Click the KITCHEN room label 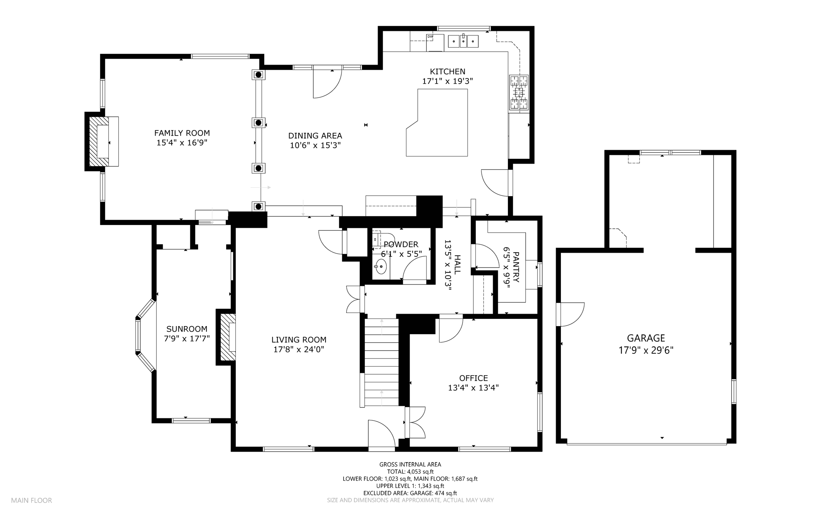(447, 71)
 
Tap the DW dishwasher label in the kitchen (430, 37)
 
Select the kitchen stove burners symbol (519, 93)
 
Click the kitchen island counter (437, 122)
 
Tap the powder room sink (380, 266)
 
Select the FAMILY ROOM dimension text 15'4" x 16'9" (182, 142)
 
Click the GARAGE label (646, 338)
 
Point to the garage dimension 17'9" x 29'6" (646, 350)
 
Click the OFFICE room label (473, 378)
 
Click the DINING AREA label (315, 136)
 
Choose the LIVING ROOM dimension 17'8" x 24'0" (299, 349)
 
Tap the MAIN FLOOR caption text (32, 501)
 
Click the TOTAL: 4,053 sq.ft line (410, 472)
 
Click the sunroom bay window (145, 336)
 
